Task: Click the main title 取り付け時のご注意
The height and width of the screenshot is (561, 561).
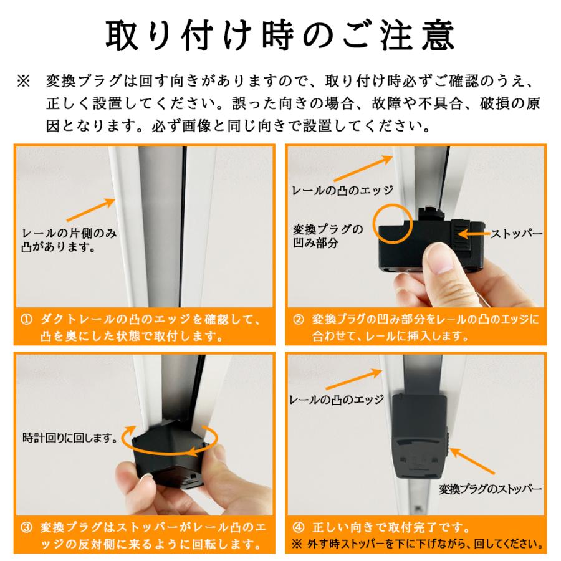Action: pos(280,36)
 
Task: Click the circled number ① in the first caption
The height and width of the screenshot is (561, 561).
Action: pos(26,320)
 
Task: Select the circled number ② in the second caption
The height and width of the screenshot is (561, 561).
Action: pos(299,320)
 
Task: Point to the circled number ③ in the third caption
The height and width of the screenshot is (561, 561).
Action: pos(26,527)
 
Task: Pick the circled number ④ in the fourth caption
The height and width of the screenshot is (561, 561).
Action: pos(299,527)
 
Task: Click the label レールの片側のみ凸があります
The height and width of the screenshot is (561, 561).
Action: pos(69,241)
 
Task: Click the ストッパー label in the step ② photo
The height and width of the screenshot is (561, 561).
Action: pos(517,234)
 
